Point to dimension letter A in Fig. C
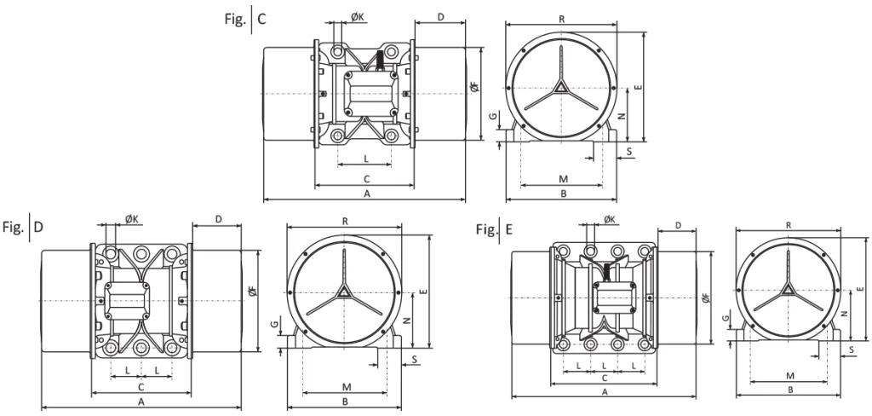coord(366,194)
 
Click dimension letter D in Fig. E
coord(678,224)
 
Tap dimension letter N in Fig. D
coord(407,321)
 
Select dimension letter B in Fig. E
coord(790,390)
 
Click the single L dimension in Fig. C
coord(366,159)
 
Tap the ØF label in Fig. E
coord(706,298)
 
